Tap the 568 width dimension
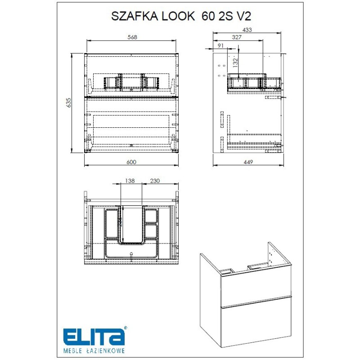[131, 37]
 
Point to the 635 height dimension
[69, 103]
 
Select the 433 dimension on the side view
[247, 30]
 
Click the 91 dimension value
[220, 45]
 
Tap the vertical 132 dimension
[234, 60]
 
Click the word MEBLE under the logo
[72, 350]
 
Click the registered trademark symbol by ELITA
[126, 328]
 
